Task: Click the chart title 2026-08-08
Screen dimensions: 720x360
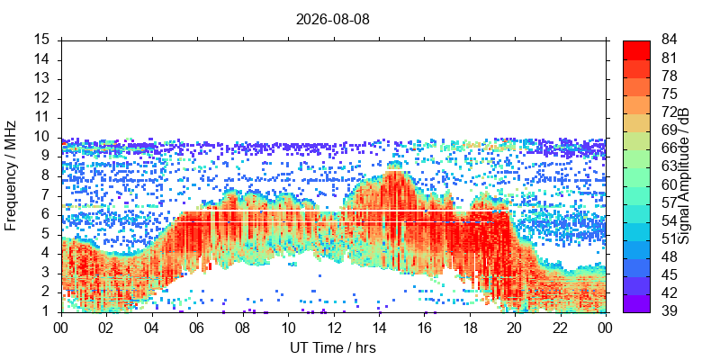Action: click(x=332, y=20)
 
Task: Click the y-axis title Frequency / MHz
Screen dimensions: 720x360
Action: click(x=11, y=176)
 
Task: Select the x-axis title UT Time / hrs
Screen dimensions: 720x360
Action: click(x=333, y=347)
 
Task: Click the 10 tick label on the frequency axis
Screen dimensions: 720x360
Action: click(x=48, y=138)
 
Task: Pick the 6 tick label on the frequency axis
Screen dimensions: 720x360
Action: click(x=51, y=215)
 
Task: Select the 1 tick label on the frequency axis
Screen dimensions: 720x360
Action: click(x=51, y=312)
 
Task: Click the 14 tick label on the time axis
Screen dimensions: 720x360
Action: click(x=379, y=328)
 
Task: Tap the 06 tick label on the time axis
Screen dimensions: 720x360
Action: click(x=197, y=328)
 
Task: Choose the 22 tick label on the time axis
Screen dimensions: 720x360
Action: click(x=560, y=328)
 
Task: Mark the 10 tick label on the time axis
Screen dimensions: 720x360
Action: click(x=288, y=328)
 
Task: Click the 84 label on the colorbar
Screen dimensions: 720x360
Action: click(x=669, y=40)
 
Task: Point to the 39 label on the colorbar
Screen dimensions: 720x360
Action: click(x=669, y=311)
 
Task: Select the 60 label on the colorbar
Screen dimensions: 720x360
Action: click(x=669, y=185)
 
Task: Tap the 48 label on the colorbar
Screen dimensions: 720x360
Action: click(x=669, y=257)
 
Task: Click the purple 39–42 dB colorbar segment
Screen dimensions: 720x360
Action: click(x=636, y=303)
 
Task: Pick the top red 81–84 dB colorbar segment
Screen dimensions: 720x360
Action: click(x=636, y=49)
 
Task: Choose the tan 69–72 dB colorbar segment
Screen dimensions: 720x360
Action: click(x=636, y=122)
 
